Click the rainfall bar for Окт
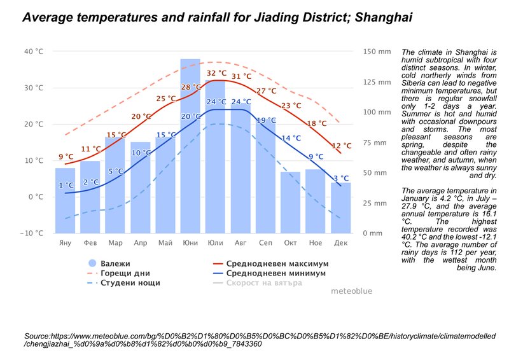pos(290,202)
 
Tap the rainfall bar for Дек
pos(340,208)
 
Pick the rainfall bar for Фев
pos(90,197)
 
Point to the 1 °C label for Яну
pos(66,185)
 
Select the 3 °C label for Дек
pos(341,178)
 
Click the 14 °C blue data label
pos(291,138)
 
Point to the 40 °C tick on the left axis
pos(34,52)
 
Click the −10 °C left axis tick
pos(31,233)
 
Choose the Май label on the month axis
pos(165,243)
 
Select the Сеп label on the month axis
pos(265,243)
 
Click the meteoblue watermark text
pos(352,291)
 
